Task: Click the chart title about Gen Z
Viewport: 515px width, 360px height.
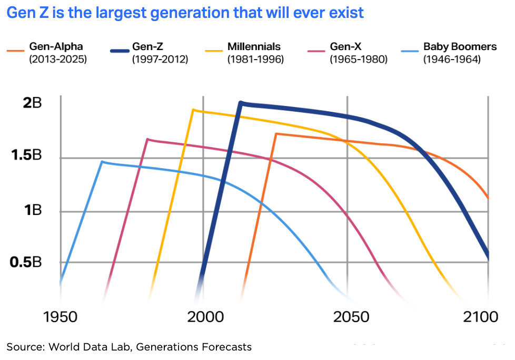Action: point(185,12)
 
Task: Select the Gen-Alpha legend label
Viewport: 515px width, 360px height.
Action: point(56,47)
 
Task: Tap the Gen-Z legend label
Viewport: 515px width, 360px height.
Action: point(150,47)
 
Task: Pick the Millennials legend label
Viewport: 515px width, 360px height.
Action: point(254,47)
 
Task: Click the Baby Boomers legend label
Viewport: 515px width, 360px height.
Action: point(460,47)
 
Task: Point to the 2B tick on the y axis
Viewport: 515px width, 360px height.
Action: point(32,103)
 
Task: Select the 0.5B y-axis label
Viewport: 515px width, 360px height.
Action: point(27,262)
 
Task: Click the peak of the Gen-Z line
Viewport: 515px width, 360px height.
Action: point(241,103)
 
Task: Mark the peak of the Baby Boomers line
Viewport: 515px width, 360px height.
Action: point(102,162)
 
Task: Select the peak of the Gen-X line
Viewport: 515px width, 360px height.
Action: point(147,139)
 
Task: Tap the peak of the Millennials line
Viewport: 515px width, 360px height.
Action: point(193,110)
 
